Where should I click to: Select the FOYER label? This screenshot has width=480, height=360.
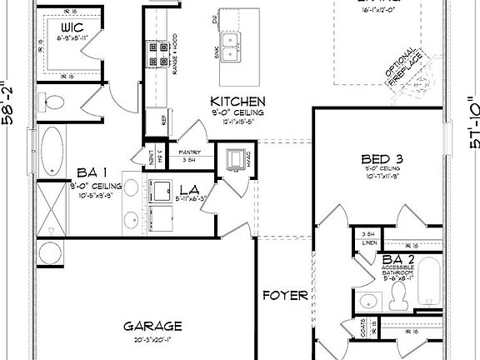pos(286,296)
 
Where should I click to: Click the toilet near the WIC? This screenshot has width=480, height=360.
pos(54,103)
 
